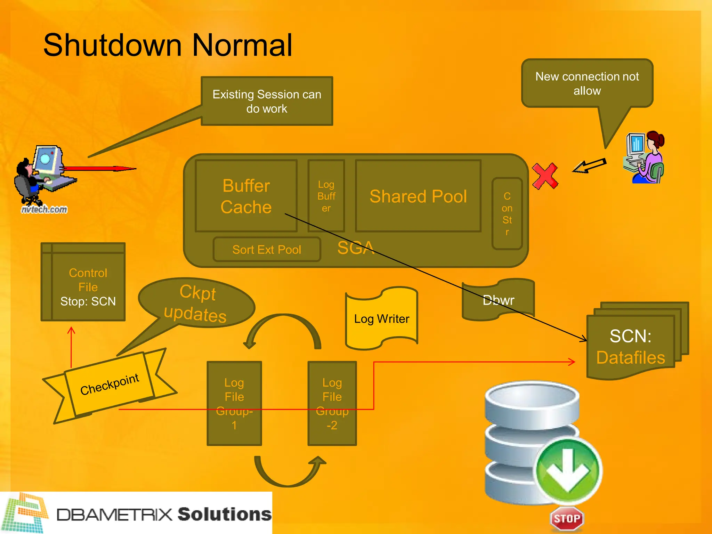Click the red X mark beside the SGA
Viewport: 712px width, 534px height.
[545, 176]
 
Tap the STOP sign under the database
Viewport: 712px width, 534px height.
[567, 518]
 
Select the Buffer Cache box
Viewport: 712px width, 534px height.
[246, 196]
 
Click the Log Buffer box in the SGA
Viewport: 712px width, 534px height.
[326, 196]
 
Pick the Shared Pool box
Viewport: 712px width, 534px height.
[418, 196]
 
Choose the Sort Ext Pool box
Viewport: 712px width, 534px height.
[267, 249]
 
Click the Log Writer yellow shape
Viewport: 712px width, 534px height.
[381, 318]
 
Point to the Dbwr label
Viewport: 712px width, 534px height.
[498, 300]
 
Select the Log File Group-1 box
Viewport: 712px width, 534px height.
[234, 403]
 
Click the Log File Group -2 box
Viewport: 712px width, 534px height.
[332, 403]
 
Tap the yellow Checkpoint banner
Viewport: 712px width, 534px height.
[110, 384]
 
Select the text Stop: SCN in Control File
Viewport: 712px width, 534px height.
[88, 301]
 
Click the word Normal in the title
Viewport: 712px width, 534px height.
[242, 45]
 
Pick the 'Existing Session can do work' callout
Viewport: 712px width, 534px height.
[267, 101]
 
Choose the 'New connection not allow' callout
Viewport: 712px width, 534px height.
[587, 83]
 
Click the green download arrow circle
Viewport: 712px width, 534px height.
[567, 470]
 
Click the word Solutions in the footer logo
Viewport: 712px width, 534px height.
[225, 514]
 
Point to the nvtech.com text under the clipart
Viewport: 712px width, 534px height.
[44, 209]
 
